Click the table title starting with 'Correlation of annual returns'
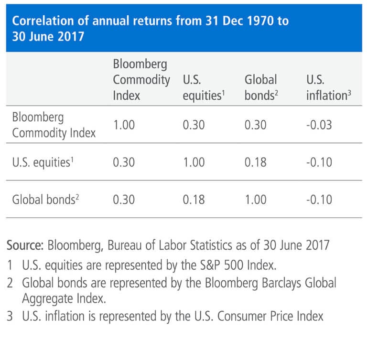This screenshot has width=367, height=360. point(148,28)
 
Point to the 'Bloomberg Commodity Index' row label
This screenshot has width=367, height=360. point(54,125)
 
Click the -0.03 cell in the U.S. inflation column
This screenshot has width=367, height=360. point(319,125)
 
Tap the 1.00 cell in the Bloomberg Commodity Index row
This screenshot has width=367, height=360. point(124,125)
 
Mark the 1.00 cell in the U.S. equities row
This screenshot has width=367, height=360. point(194,162)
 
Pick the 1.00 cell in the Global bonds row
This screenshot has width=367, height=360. point(256,199)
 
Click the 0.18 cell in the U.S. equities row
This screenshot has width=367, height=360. point(256,162)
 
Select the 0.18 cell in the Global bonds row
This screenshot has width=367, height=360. point(194,199)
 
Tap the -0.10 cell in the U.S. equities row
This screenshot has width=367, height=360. point(319,162)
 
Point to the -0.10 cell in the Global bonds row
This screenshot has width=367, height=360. point(319,199)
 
